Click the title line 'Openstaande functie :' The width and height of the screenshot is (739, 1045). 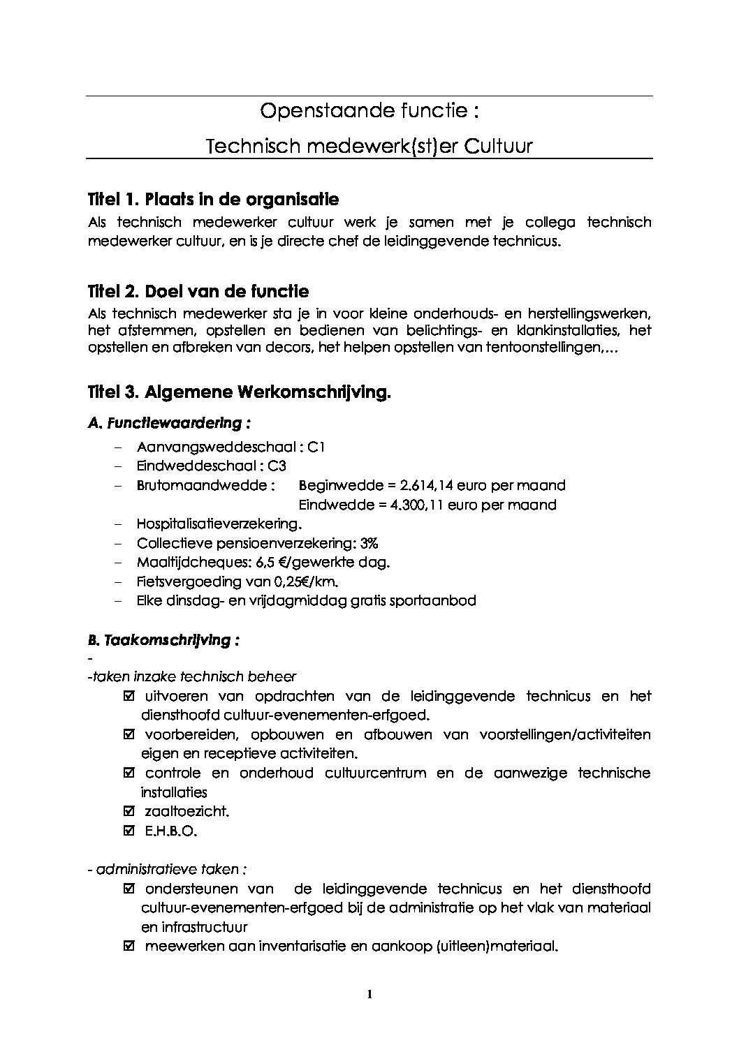tap(369, 111)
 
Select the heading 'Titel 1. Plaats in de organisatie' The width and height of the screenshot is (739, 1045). tap(213, 200)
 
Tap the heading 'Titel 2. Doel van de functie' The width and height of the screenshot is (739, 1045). tap(198, 291)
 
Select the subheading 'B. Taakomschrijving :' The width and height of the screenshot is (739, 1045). tap(163, 640)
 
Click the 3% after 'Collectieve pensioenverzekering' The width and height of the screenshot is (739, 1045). tap(369, 543)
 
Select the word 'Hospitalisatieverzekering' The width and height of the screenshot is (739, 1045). tap(218, 524)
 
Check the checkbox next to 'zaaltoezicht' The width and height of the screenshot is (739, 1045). tap(129, 811)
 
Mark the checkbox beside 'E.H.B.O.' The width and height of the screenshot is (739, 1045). tap(129, 831)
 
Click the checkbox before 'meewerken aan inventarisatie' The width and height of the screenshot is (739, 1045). tap(129, 947)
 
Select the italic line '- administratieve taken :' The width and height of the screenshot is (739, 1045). tap(167, 869)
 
